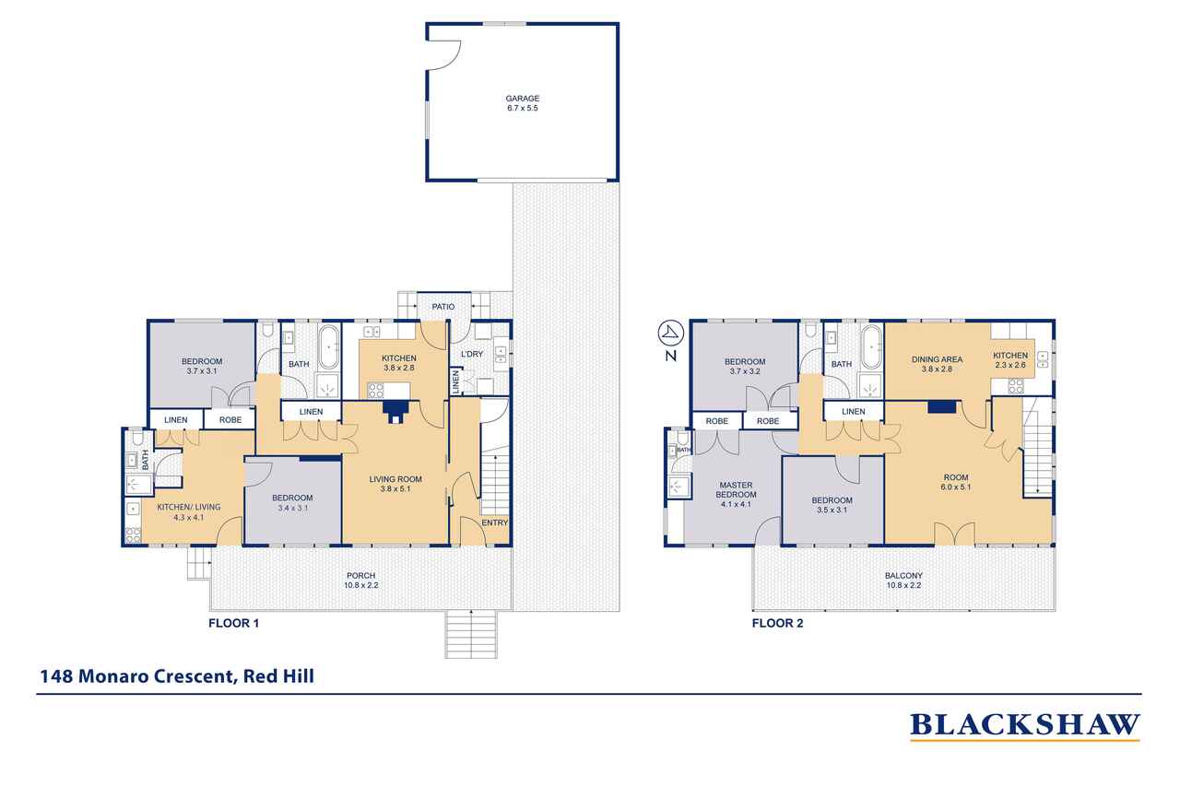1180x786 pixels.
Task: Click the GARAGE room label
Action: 522,99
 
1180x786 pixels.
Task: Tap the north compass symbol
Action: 670,333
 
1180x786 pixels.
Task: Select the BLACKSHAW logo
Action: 1024,726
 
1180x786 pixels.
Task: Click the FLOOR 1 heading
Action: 233,623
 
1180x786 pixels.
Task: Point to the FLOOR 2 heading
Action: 777,623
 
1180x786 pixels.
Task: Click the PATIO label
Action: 443,307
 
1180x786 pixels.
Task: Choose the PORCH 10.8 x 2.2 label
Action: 360,581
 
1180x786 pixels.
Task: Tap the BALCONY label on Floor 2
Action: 904,576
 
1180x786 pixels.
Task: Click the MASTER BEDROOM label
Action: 736,489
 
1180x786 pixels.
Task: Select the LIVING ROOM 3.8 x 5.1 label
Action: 395,484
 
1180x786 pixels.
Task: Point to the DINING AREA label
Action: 938,359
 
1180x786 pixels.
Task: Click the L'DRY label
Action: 472,354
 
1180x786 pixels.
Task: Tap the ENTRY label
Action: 495,522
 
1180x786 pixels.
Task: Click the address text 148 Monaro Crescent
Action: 137,676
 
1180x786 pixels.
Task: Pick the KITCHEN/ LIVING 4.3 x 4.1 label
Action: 189,512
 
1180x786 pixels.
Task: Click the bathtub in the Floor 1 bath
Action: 329,347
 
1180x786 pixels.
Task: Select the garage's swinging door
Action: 444,55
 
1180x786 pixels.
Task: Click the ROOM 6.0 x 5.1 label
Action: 956,482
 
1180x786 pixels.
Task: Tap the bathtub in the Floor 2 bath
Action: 872,347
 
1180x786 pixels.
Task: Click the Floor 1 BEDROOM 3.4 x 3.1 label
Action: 292,503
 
